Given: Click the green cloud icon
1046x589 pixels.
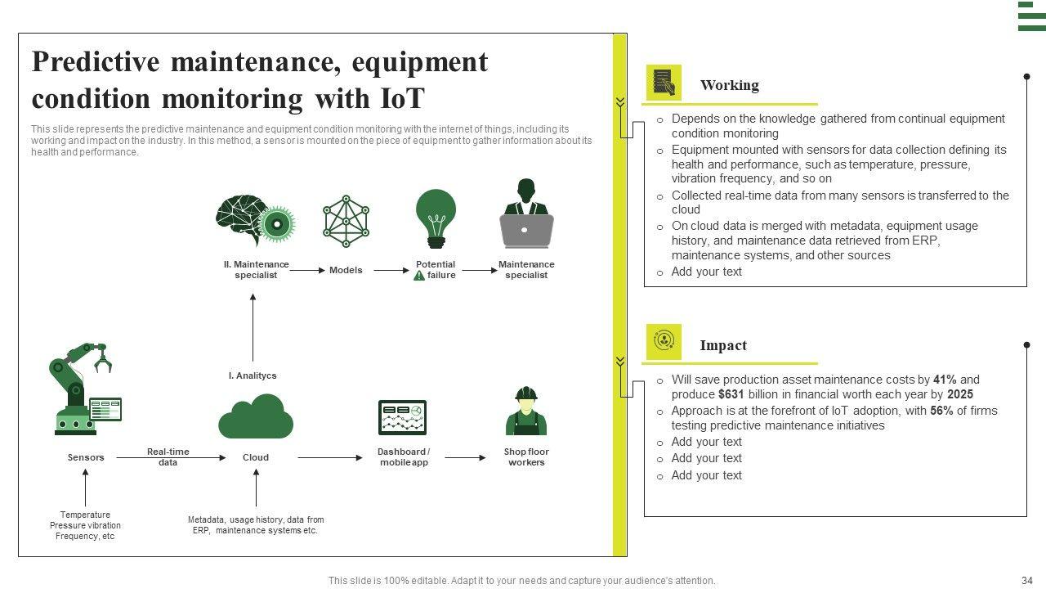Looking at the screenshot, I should (255, 416).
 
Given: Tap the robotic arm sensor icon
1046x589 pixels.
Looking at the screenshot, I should (83, 389).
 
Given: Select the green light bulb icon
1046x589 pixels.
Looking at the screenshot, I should (436, 218).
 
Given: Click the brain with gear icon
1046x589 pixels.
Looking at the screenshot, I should (254, 219).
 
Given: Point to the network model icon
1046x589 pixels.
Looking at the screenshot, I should (346, 221).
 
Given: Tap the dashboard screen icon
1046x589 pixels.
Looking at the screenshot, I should (402, 417).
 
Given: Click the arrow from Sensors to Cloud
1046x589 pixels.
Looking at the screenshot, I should (171, 458).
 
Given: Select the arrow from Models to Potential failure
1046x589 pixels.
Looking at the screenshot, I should (391, 270).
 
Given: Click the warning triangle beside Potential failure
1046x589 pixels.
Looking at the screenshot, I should (419, 276).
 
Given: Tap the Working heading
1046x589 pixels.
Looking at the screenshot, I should (729, 85).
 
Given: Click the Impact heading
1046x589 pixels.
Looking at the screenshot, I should (723, 345).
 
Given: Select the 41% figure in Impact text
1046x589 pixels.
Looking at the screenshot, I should (945, 380).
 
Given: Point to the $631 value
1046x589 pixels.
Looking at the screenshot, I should (731, 394).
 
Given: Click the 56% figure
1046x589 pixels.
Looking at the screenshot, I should (941, 411).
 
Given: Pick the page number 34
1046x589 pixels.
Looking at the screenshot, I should (1027, 581).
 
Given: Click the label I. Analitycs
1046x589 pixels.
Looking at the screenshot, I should (252, 375).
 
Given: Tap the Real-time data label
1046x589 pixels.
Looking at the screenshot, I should (168, 457).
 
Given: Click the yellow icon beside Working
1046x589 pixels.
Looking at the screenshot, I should (664, 83).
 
